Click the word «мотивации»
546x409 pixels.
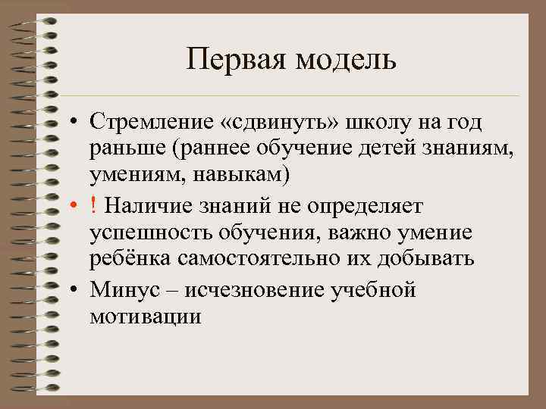(x=146, y=316)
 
